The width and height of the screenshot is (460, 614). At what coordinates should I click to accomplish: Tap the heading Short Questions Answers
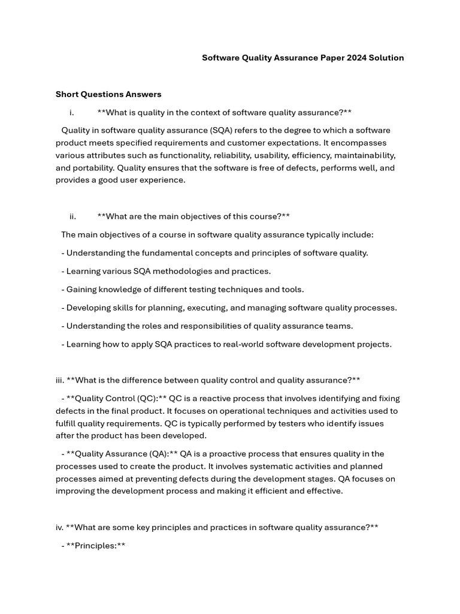pos(108,94)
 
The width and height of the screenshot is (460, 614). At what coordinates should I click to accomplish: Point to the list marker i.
pos(72,112)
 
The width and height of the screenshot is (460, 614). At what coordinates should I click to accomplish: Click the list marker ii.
pos(72,216)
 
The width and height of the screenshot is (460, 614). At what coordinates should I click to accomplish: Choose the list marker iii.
pos(60,380)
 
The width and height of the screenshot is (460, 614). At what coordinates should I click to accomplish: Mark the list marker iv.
pos(59,528)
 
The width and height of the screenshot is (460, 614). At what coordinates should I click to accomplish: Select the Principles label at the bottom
pos(96,546)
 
